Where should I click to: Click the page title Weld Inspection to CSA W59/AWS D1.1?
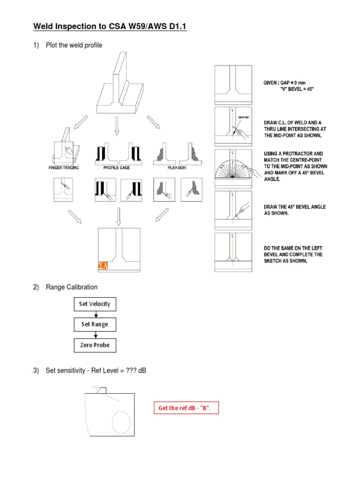(110, 27)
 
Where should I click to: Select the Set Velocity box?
(95, 304)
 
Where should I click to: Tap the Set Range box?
(95, 324)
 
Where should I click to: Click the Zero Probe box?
(95, 345)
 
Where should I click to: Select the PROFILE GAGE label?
(117, 167)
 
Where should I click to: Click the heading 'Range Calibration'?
(72, 287)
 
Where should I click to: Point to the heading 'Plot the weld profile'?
(74, 45)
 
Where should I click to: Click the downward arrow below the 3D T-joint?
(117, 124)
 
